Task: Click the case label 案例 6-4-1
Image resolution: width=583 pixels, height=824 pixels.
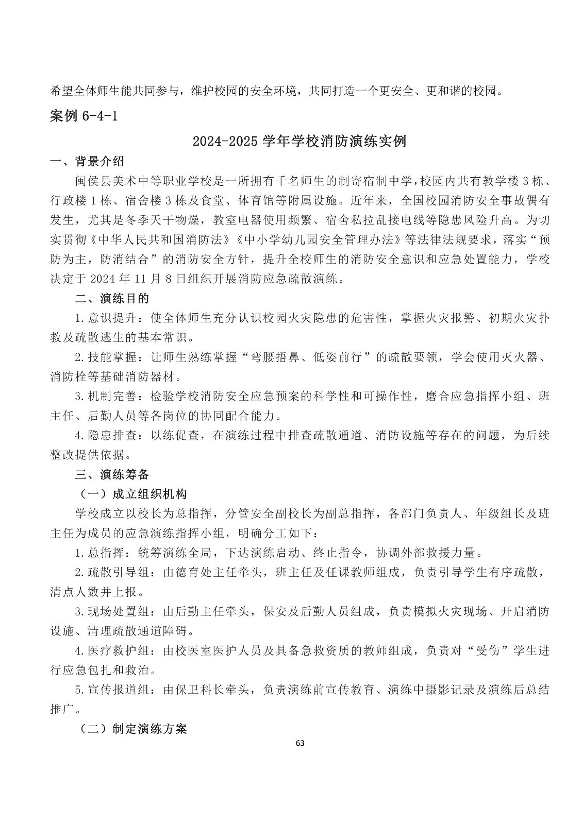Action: [x=84, y=116]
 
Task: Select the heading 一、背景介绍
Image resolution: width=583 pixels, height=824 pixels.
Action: [x=87, y=162]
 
